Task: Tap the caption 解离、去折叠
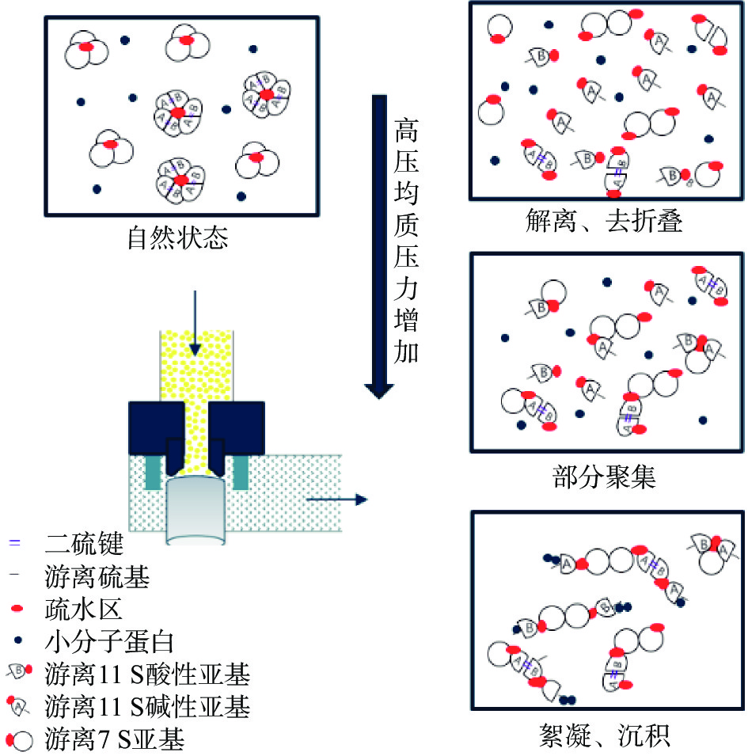tap(604, 222)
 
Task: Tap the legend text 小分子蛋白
tap(110, 642)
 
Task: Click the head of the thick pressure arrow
tap(379, 390)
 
